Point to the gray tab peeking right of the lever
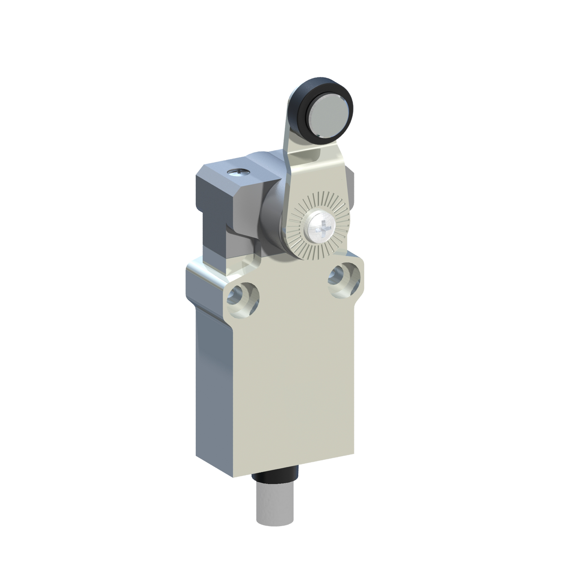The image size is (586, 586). [352, 179]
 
